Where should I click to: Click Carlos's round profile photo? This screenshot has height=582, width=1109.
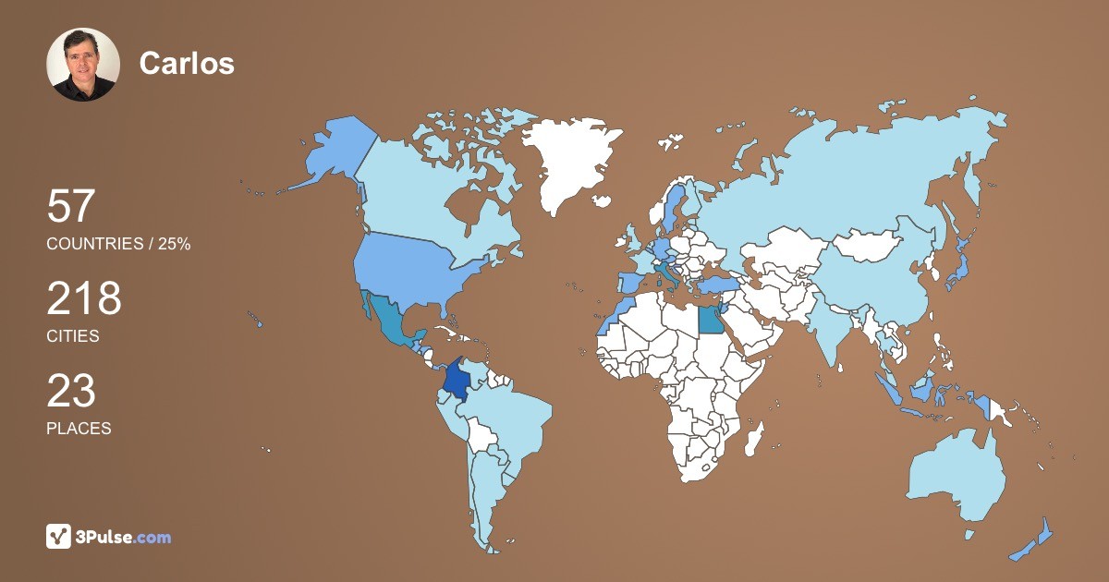click(83, 64)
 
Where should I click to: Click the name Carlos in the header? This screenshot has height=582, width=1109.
click(187, 63)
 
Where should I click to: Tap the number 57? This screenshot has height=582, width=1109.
click(71, 206)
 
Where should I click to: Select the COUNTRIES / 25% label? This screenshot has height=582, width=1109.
click(118, 244)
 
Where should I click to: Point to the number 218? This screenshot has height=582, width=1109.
click(84, 298)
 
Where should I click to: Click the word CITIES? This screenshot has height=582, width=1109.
click(73, 336)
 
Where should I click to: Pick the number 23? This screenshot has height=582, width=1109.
click(71, 391)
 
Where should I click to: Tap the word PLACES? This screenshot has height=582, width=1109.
click(79, 429)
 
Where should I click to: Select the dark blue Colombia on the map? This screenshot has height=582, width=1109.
click(456, 380)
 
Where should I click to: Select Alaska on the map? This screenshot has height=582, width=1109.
click(333, 148)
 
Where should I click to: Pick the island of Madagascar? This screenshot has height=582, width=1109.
click(756, 436)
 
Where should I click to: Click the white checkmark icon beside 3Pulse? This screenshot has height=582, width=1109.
click(59, 537)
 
